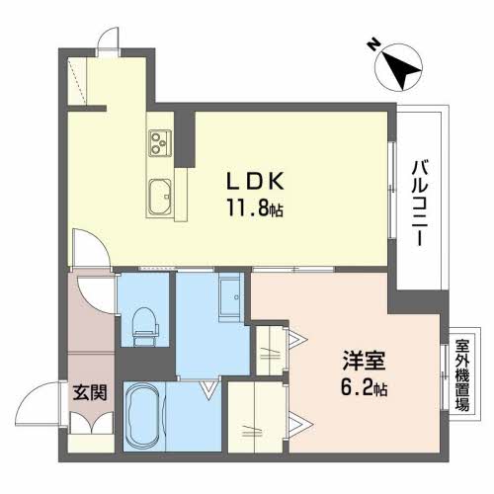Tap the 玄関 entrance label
(x=85, y=392)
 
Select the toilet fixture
(x=143, y=321)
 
